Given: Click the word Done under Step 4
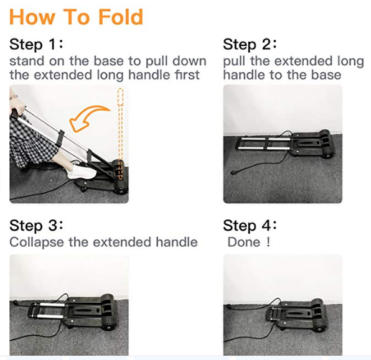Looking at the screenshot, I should pyautogui.click(x=244, y=242).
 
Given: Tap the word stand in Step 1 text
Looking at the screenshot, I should pyautogui.click(x=25, y=61).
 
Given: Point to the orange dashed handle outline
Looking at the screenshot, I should pyautogui.click(x=121, y=124).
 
